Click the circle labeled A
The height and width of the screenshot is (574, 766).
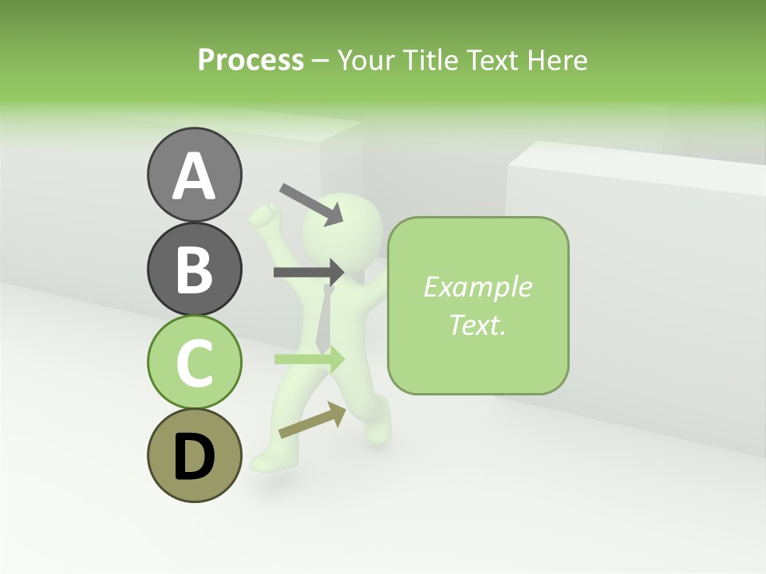194,175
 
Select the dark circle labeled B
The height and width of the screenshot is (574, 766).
194,269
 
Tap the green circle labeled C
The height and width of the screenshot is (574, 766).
194,362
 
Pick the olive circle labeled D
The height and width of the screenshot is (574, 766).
194,455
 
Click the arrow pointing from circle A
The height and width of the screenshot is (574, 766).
311,204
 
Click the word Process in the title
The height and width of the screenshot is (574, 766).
251,60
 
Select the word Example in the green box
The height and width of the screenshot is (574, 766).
477,287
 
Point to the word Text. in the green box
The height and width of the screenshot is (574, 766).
477,324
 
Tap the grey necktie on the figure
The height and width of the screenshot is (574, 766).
323,323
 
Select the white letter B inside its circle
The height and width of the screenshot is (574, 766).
194,269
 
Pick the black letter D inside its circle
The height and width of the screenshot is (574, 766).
194,456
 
